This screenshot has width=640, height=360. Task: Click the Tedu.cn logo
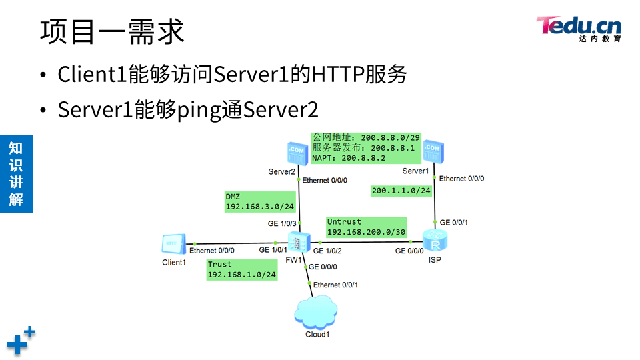578,28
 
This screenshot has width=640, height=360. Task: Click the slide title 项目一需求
111,32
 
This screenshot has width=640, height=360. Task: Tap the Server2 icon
294,153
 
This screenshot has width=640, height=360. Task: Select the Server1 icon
433,153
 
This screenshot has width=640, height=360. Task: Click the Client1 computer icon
175,243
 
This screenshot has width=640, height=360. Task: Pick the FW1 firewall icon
295,243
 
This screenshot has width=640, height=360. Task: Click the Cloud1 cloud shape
317,311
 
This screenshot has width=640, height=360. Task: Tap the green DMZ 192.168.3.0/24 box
260,202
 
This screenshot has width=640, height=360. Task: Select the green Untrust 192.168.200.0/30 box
366,227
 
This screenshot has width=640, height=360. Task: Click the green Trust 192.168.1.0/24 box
241,269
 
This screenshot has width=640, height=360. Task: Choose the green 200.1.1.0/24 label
402,191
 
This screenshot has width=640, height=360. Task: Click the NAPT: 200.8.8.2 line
349,158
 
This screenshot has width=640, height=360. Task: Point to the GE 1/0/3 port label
281,223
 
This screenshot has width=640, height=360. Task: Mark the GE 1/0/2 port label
327,251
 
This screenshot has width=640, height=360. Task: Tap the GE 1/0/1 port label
273,251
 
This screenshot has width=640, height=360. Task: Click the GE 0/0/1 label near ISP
454,223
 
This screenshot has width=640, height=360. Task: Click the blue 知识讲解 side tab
16,173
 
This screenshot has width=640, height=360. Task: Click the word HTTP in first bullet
336,75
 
